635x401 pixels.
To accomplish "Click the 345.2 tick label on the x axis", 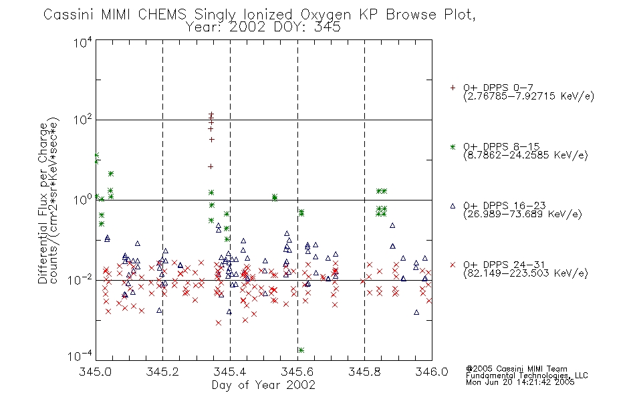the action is pos(162,372).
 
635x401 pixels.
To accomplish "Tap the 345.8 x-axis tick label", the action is pos(364,372).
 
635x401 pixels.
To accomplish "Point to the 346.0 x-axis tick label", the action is pos(432,372).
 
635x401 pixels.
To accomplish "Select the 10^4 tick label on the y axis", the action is pos(83,42).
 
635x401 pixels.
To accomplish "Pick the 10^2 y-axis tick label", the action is pos(83,120).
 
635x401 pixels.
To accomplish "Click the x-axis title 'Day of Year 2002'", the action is pos(263,385).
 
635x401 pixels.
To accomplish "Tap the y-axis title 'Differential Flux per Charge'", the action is pos(43,203).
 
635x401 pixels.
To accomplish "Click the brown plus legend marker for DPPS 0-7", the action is pos(453,88).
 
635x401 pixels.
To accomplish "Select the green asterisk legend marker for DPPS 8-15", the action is pos(453,146).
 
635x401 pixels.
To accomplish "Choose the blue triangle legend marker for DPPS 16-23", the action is pos(453,206).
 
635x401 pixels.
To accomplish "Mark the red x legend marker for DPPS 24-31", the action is pos(453,265).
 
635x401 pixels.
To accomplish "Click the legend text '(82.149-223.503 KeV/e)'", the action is pos(525,273).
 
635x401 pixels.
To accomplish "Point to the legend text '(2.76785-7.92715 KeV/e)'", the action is pos(529,96).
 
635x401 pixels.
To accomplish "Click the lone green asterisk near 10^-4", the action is pos(301,350).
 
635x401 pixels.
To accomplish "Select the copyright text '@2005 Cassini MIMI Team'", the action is pos(516,369).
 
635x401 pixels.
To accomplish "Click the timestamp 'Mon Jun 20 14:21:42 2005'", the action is pos(520,382).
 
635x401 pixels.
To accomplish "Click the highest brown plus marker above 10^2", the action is pos(211,114).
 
